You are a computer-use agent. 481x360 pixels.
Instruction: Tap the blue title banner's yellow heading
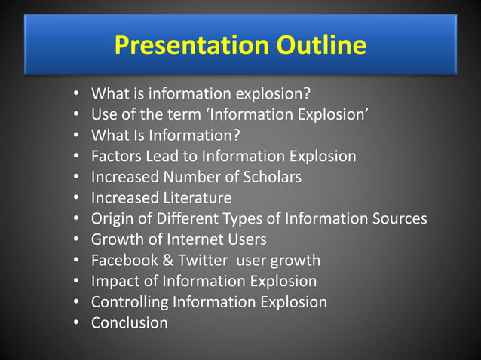point(240,45)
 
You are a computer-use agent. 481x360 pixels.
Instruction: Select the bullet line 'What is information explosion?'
point(201,95)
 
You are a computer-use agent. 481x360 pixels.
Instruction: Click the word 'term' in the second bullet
point(172,115)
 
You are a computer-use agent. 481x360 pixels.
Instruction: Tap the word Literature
point(195,198)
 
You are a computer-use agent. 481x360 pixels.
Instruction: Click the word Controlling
point(130,302)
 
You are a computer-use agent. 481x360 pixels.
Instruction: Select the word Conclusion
point(129,322)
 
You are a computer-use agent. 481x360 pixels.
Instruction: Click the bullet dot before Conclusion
point(77,322)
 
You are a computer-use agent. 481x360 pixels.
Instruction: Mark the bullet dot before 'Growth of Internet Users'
point(77,239)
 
